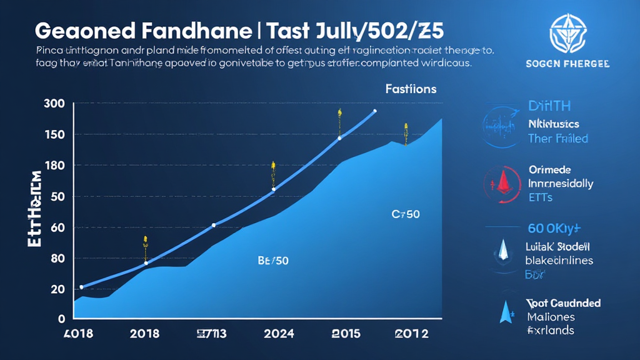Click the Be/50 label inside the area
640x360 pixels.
[x=273, y=261]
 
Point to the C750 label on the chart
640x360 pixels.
[x=406, y=214]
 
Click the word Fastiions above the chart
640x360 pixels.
[x=411, y=89]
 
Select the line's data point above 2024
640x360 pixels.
[x=273, y=189]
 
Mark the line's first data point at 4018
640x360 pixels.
[x=81, y=287]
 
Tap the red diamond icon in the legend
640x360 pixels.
[x=502, y=184]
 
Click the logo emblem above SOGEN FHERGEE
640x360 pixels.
[x=568, y=32]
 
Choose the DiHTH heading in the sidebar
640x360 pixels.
[x=549, y=106]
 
